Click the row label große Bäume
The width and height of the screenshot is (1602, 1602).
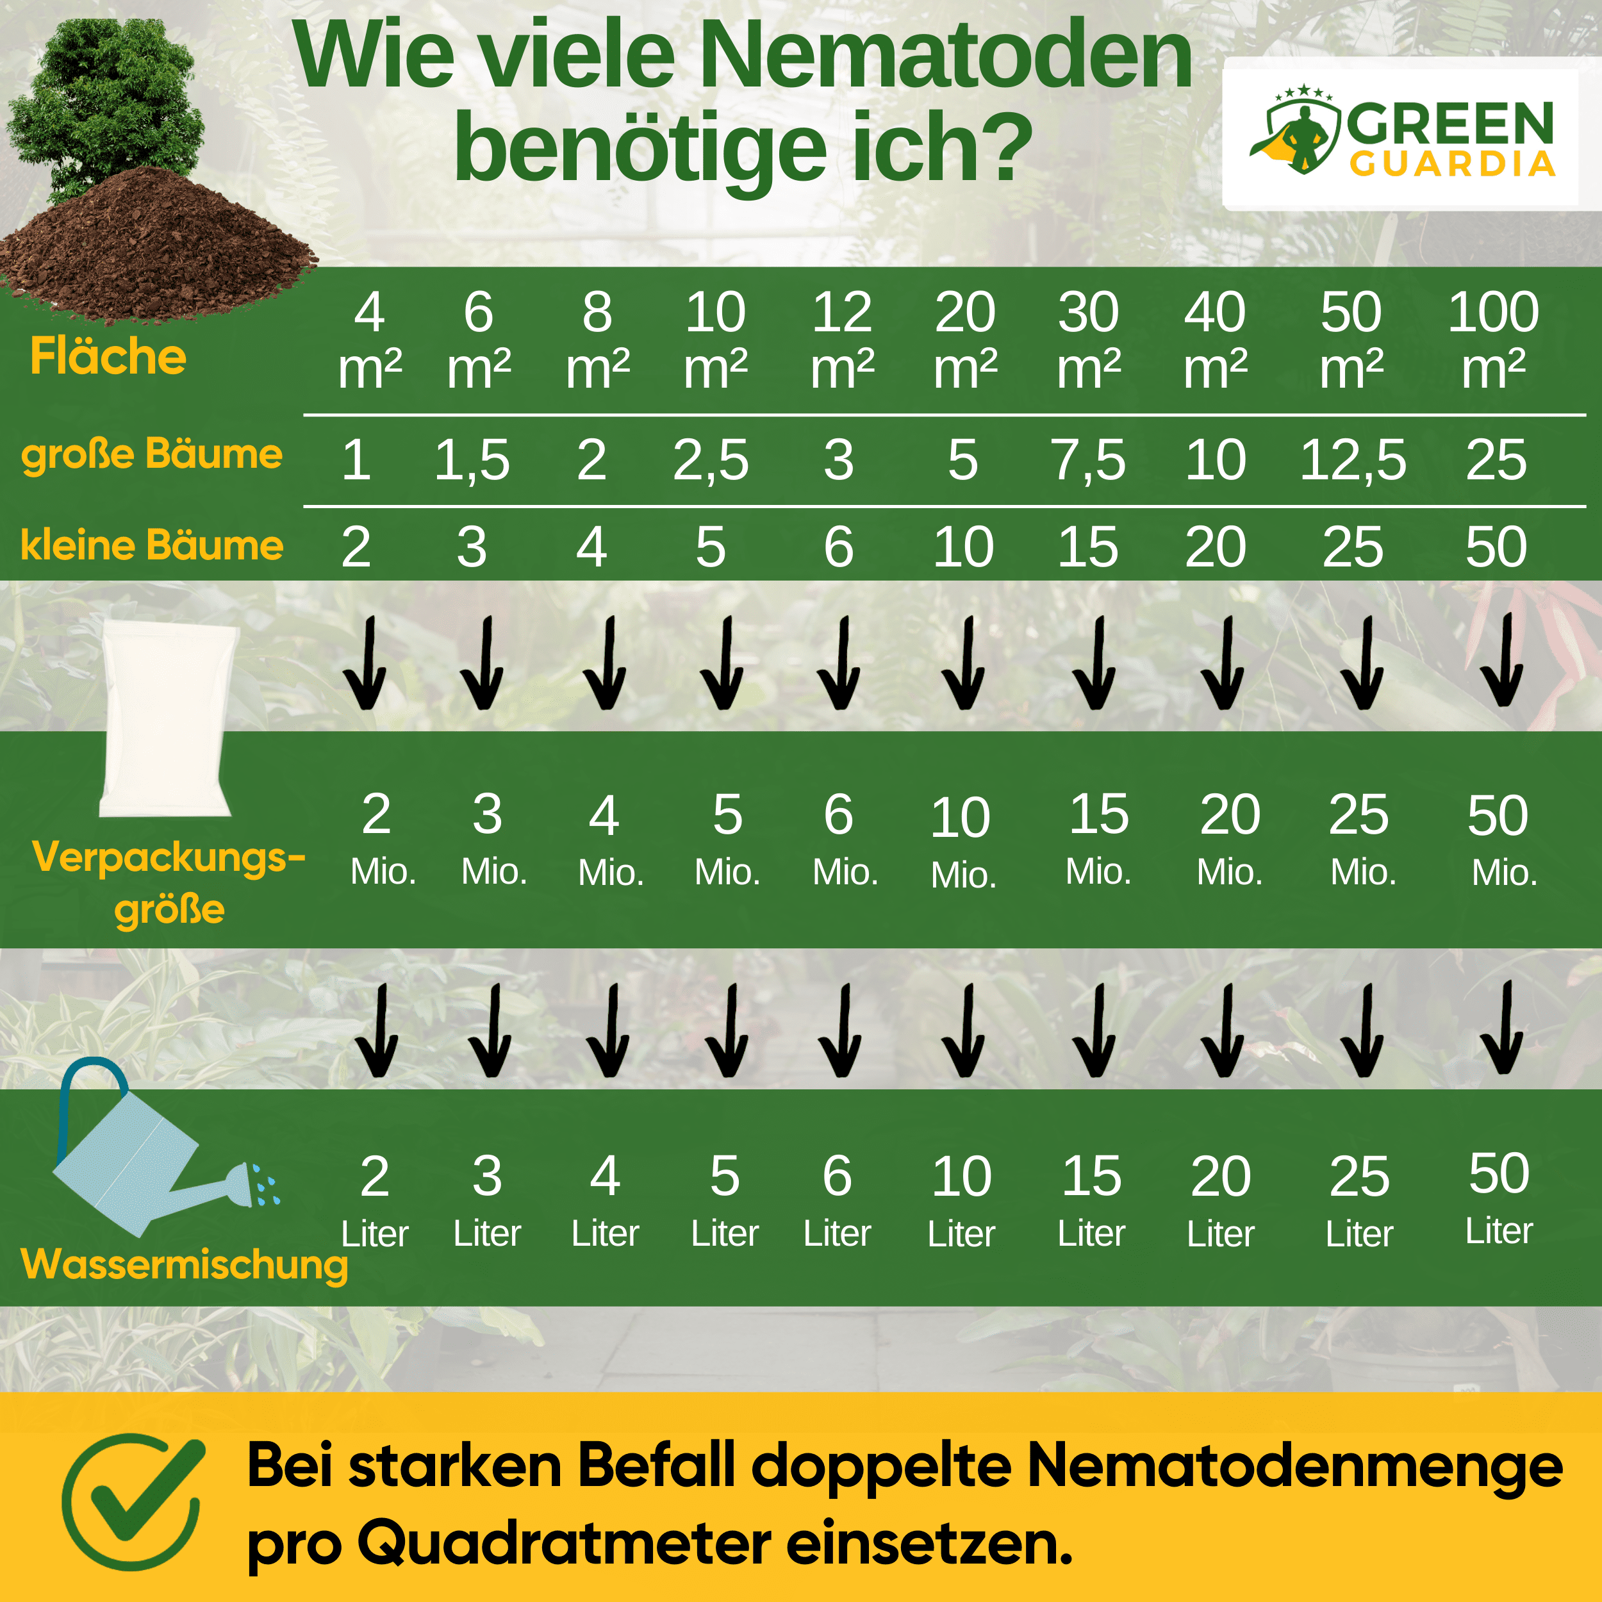(x=152, y=454)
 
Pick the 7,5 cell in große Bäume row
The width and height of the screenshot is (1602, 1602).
(x=1088, y=460)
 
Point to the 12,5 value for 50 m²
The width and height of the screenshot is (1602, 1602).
(x=1353, y=460)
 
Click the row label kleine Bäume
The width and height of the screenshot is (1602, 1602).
(x=152, y=545)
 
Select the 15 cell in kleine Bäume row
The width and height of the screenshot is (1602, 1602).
(x=1088, y=547)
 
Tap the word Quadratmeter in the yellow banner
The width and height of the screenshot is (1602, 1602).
(x=564, y=1544)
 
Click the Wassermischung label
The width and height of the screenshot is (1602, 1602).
(x=184, y=1264)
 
